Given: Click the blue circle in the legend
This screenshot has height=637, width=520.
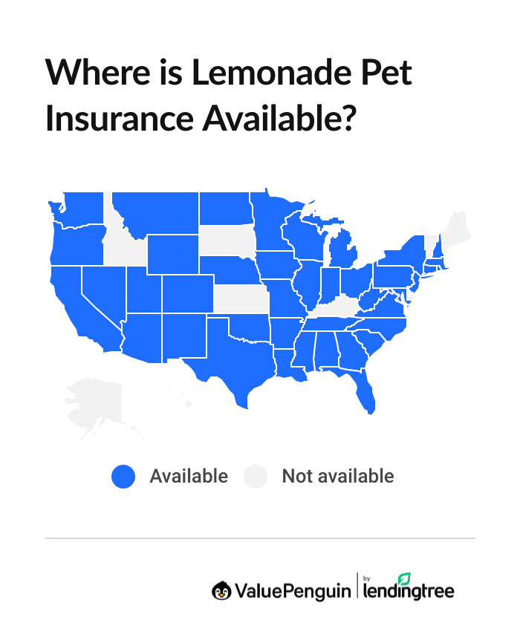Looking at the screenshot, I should pyautogui.click(x=123, y=476).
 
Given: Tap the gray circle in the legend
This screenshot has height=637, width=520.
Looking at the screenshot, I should pyautogui.click(x=256, y=476).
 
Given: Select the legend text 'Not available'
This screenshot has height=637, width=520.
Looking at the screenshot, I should pyautogui.click(x=337, y=476).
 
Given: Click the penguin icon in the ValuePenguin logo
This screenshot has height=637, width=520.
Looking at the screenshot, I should pyautogui.click(x=221, y=590).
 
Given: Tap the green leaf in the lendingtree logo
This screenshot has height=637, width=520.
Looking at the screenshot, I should pyautogui.click(x=405, y=578).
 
